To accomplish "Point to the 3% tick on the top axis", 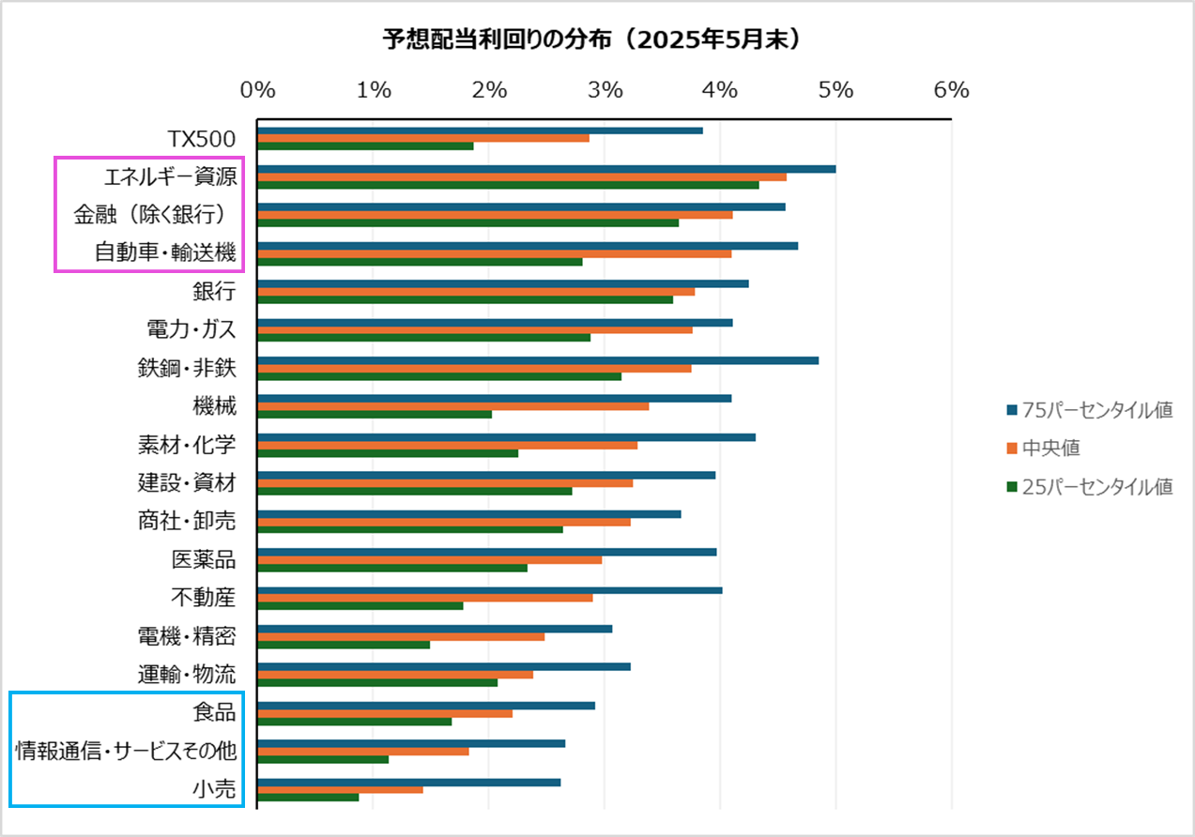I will pos(605,90).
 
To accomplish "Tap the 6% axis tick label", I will pos(951,90).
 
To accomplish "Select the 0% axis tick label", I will pos(258,90).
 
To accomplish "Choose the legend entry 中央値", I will pos(1050,449).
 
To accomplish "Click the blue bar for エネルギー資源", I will pos(546,169).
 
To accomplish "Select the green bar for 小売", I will pos(309,798).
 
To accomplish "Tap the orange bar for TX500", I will pos(423,138).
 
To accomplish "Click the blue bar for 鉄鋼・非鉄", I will pos(538,360).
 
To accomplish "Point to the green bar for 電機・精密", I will pos(344,645).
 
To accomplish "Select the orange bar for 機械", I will pos(452,406).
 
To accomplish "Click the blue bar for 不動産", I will pos(490,590).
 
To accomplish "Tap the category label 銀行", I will pos(214,291).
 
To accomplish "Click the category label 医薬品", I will pos(203,560).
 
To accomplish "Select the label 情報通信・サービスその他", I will pos(126,751).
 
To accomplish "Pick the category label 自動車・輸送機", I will pos(164,252).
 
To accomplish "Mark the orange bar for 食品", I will pos(385,713).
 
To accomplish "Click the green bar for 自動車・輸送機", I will pos(420,262).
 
